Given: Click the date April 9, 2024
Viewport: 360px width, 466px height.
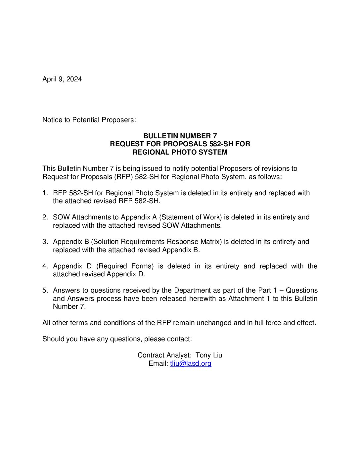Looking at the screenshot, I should (x=62, y=79).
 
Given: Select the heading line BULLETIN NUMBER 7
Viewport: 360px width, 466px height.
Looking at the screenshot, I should (x=180, y=136).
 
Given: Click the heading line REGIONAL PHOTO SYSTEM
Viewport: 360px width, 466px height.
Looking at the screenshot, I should (x=180, y=152).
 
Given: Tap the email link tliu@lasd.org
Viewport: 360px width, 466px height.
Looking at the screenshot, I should (x=191, y=363).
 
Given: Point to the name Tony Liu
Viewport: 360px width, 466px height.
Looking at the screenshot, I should (x=209, y=355).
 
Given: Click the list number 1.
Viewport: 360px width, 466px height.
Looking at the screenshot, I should (x=45, y=193).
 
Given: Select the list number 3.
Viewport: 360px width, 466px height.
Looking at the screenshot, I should (x=45, y=242).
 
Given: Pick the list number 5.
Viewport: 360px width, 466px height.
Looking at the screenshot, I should (x=45, y=290).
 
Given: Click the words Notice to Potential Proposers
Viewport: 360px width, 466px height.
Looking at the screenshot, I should (x=89, y=120).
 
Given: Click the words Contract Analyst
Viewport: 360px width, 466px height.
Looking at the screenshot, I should (x=164, y=355).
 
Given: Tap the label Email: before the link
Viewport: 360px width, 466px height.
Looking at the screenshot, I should (x=158, y=363).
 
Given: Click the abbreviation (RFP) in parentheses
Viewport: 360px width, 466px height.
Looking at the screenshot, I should (x=123, y=177).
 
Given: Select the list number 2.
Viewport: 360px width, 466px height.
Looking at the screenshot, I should (x=45, y=217).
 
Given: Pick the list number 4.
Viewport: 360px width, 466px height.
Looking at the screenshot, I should (x=45, y=266).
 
